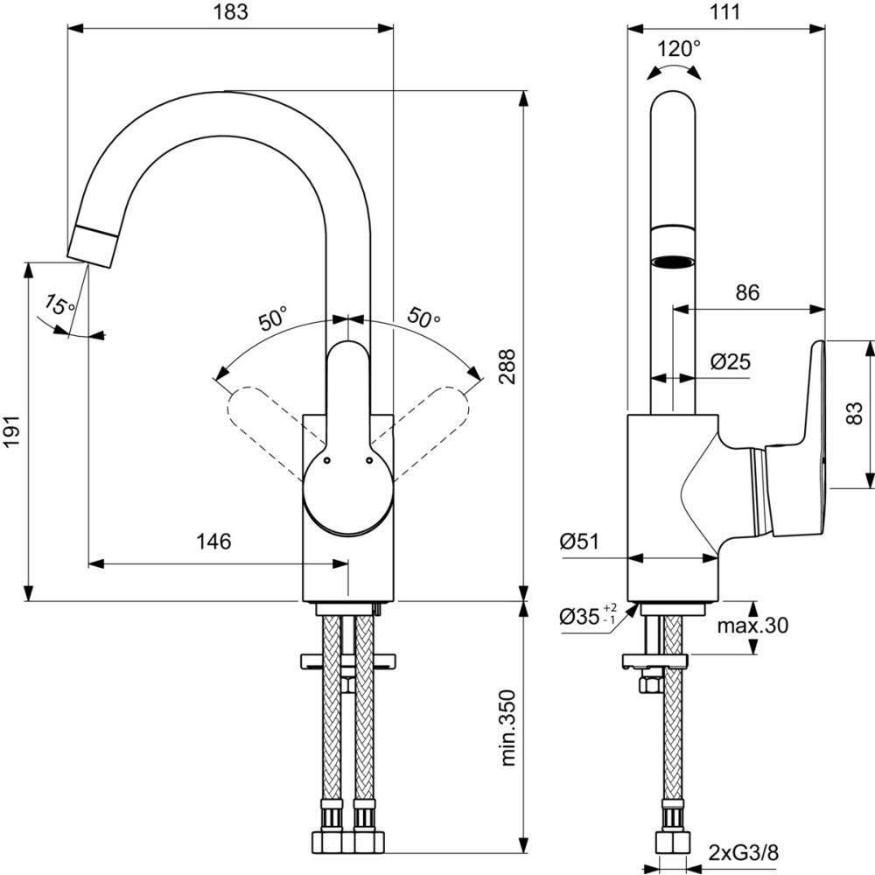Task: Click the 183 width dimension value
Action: (x=230, y=12)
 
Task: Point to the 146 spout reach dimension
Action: (x=213, y=542)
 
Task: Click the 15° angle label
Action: (x=59, y=307)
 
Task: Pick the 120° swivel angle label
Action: (x=678, y=48)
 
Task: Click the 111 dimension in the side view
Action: (x=725, y=12)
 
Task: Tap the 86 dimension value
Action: (x=747, y=293)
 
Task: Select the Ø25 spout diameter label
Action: (x=731, y=361)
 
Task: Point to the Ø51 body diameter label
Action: (x=579, y=542)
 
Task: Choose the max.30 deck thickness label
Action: (x=752, y=626)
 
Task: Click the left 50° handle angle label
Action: (x=272, y=319)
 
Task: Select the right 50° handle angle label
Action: (x=424, y=319)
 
